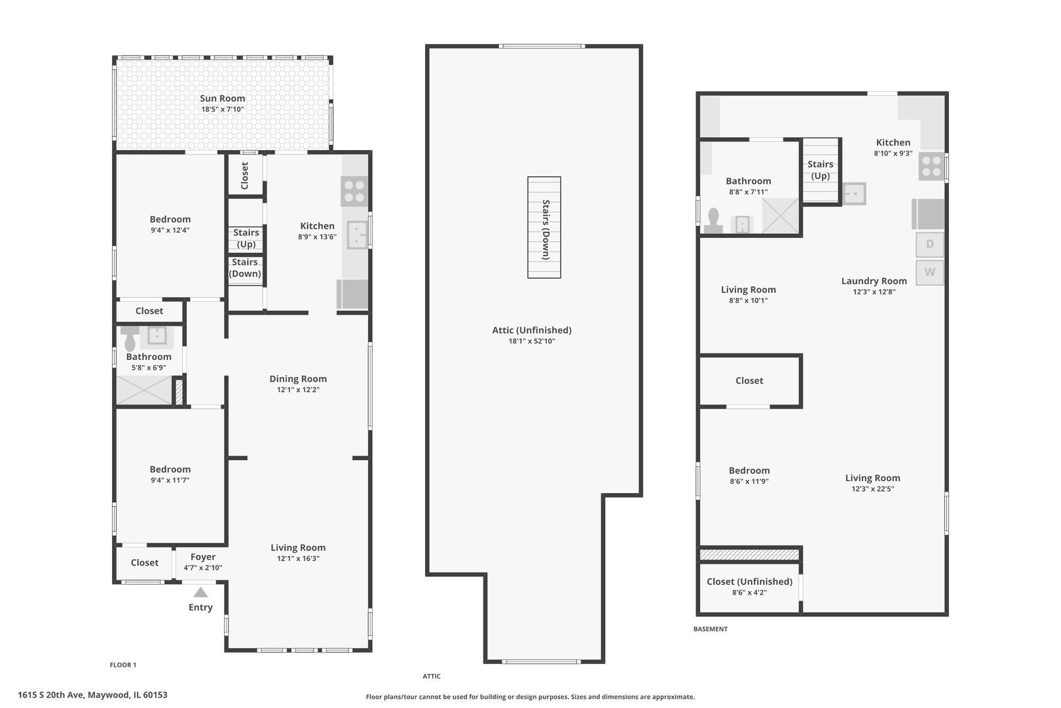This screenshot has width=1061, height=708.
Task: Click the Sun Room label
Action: click(x=222, y=98)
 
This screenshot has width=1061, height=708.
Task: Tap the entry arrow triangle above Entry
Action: click(x=200, y=592)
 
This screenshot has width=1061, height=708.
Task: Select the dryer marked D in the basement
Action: click(x=929, y=245)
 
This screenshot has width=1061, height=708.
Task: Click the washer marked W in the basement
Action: click(x=929, y=272)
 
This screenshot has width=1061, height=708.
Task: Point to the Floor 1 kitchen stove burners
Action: click(x=354, y=191)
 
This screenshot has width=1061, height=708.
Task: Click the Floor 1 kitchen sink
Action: click(x=358, y=235)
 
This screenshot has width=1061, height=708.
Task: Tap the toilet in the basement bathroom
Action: click(x=713, y=220)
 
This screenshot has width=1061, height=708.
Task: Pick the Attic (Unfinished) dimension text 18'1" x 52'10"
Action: click(x=532, y=341)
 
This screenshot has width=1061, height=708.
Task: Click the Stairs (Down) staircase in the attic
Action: click(x=544, y=227)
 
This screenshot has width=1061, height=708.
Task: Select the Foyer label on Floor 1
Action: click(x=203, y=557)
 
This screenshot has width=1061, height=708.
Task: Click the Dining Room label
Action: click(x=298, y=378)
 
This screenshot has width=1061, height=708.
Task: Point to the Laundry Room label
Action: click(x=874, y=281)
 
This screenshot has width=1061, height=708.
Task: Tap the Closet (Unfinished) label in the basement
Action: click(x=749, y=581)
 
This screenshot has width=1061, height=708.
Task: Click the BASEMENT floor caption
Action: click(x=711, y=629)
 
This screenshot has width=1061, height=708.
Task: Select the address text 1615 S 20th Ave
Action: click(x=51, y=695)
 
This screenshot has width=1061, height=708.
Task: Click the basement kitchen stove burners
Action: click(x=931, y=166)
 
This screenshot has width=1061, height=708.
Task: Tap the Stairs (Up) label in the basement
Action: click(x=821, y=170)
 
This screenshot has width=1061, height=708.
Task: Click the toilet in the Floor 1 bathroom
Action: click(x=130, y=338)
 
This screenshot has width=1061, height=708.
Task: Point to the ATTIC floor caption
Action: click(x=432, y=677)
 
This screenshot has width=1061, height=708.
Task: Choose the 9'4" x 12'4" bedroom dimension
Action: click(x=170, y=230)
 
